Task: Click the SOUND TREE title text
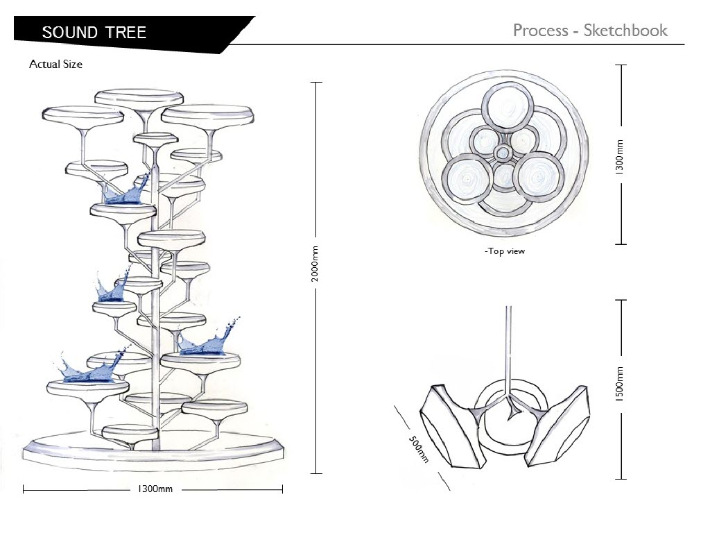(94, 32)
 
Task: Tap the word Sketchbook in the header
(625, 31)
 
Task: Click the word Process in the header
(541, 31)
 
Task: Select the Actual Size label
(55, 64)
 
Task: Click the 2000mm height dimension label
(315, 264)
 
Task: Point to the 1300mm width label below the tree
(155, 489)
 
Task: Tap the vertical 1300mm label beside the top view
(620, 157)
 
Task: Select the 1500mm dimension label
(620, 383)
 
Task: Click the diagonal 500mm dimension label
(418, 449)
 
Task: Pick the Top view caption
(505, 251)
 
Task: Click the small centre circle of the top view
(502, 153)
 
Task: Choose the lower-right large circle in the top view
(539, 177)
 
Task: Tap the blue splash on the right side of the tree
(208, 339)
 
